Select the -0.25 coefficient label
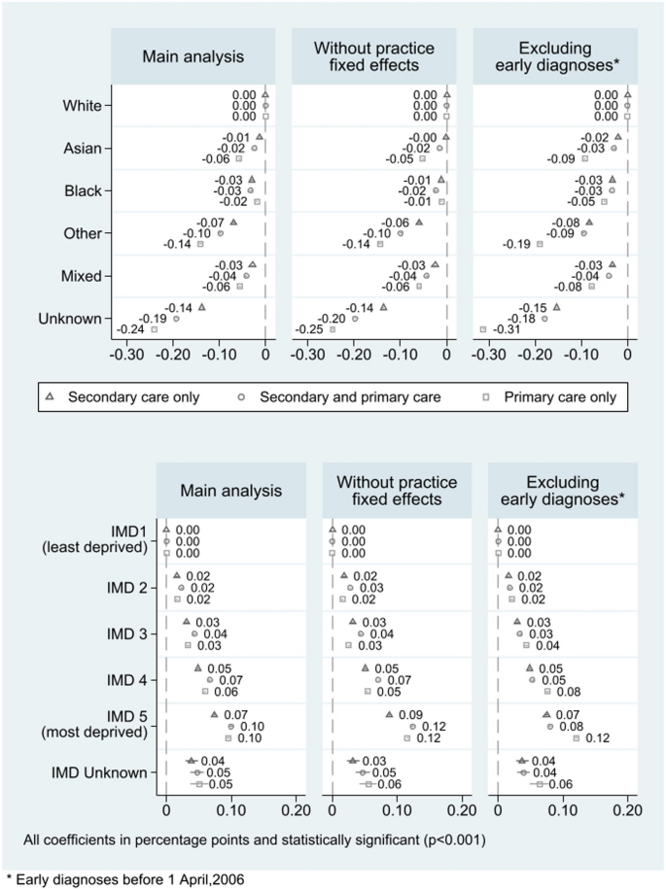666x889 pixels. point(311,330)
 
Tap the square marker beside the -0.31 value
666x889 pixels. point(483,330)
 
